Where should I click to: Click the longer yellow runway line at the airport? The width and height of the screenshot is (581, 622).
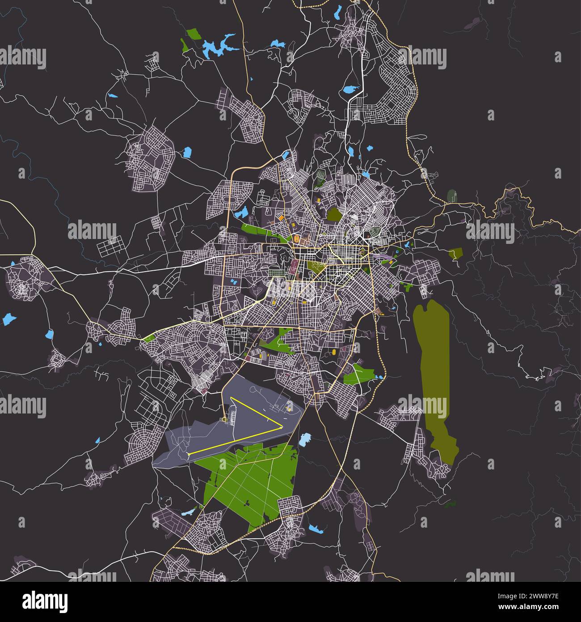[235, 441]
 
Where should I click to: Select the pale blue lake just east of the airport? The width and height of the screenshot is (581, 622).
[305, 440]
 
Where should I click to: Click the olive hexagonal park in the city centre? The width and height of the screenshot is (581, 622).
[333, 215]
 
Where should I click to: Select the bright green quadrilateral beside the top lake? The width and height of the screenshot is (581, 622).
[194, 34]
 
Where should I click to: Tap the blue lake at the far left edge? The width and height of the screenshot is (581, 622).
[8, 319]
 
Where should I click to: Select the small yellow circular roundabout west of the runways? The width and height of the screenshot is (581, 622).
[223, 419]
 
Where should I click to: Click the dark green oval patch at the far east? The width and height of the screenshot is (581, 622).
[452, 196]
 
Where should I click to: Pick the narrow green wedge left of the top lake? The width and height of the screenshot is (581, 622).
[184, 45]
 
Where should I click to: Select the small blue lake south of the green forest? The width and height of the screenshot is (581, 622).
[316, 528]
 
